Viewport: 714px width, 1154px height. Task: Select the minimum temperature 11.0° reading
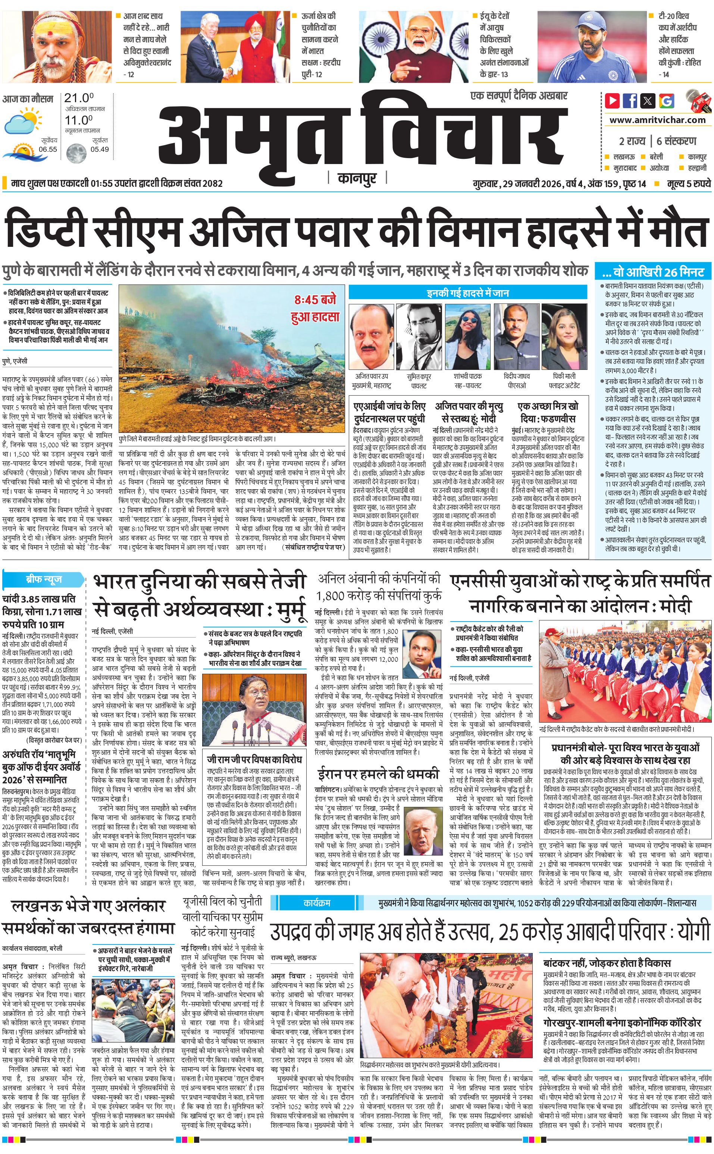click(x=79, y=120)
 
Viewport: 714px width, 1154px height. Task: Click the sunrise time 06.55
click(x=48, y=149)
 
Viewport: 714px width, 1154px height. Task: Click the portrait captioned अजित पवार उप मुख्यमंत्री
click(x=371, y=337)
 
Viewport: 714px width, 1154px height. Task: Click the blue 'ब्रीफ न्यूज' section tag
click(x=43, y=579)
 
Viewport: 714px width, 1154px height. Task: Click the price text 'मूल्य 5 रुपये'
click(x=689, y=183)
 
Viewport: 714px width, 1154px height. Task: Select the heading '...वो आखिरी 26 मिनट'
click(x=653, y=272)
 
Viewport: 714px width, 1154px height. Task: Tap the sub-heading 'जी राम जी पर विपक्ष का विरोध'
click(x=254, y=760)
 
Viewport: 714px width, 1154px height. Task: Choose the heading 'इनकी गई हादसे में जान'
click(x=467, y=293)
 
